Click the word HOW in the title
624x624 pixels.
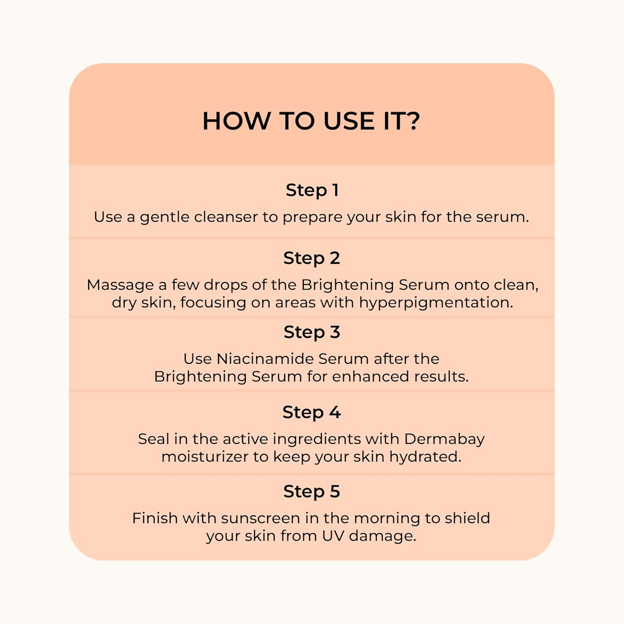coord(236,121)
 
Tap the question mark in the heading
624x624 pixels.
coord(412,121)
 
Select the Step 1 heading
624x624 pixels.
coord(312,191)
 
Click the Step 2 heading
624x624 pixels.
coord(312,258)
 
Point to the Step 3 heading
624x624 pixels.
coord(312,332)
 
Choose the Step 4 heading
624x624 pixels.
coord(312,413)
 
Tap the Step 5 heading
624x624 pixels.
coord(312,492)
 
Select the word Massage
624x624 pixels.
coord(120,285)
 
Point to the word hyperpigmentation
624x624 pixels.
coord(436,303)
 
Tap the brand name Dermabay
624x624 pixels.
coord(444,439)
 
